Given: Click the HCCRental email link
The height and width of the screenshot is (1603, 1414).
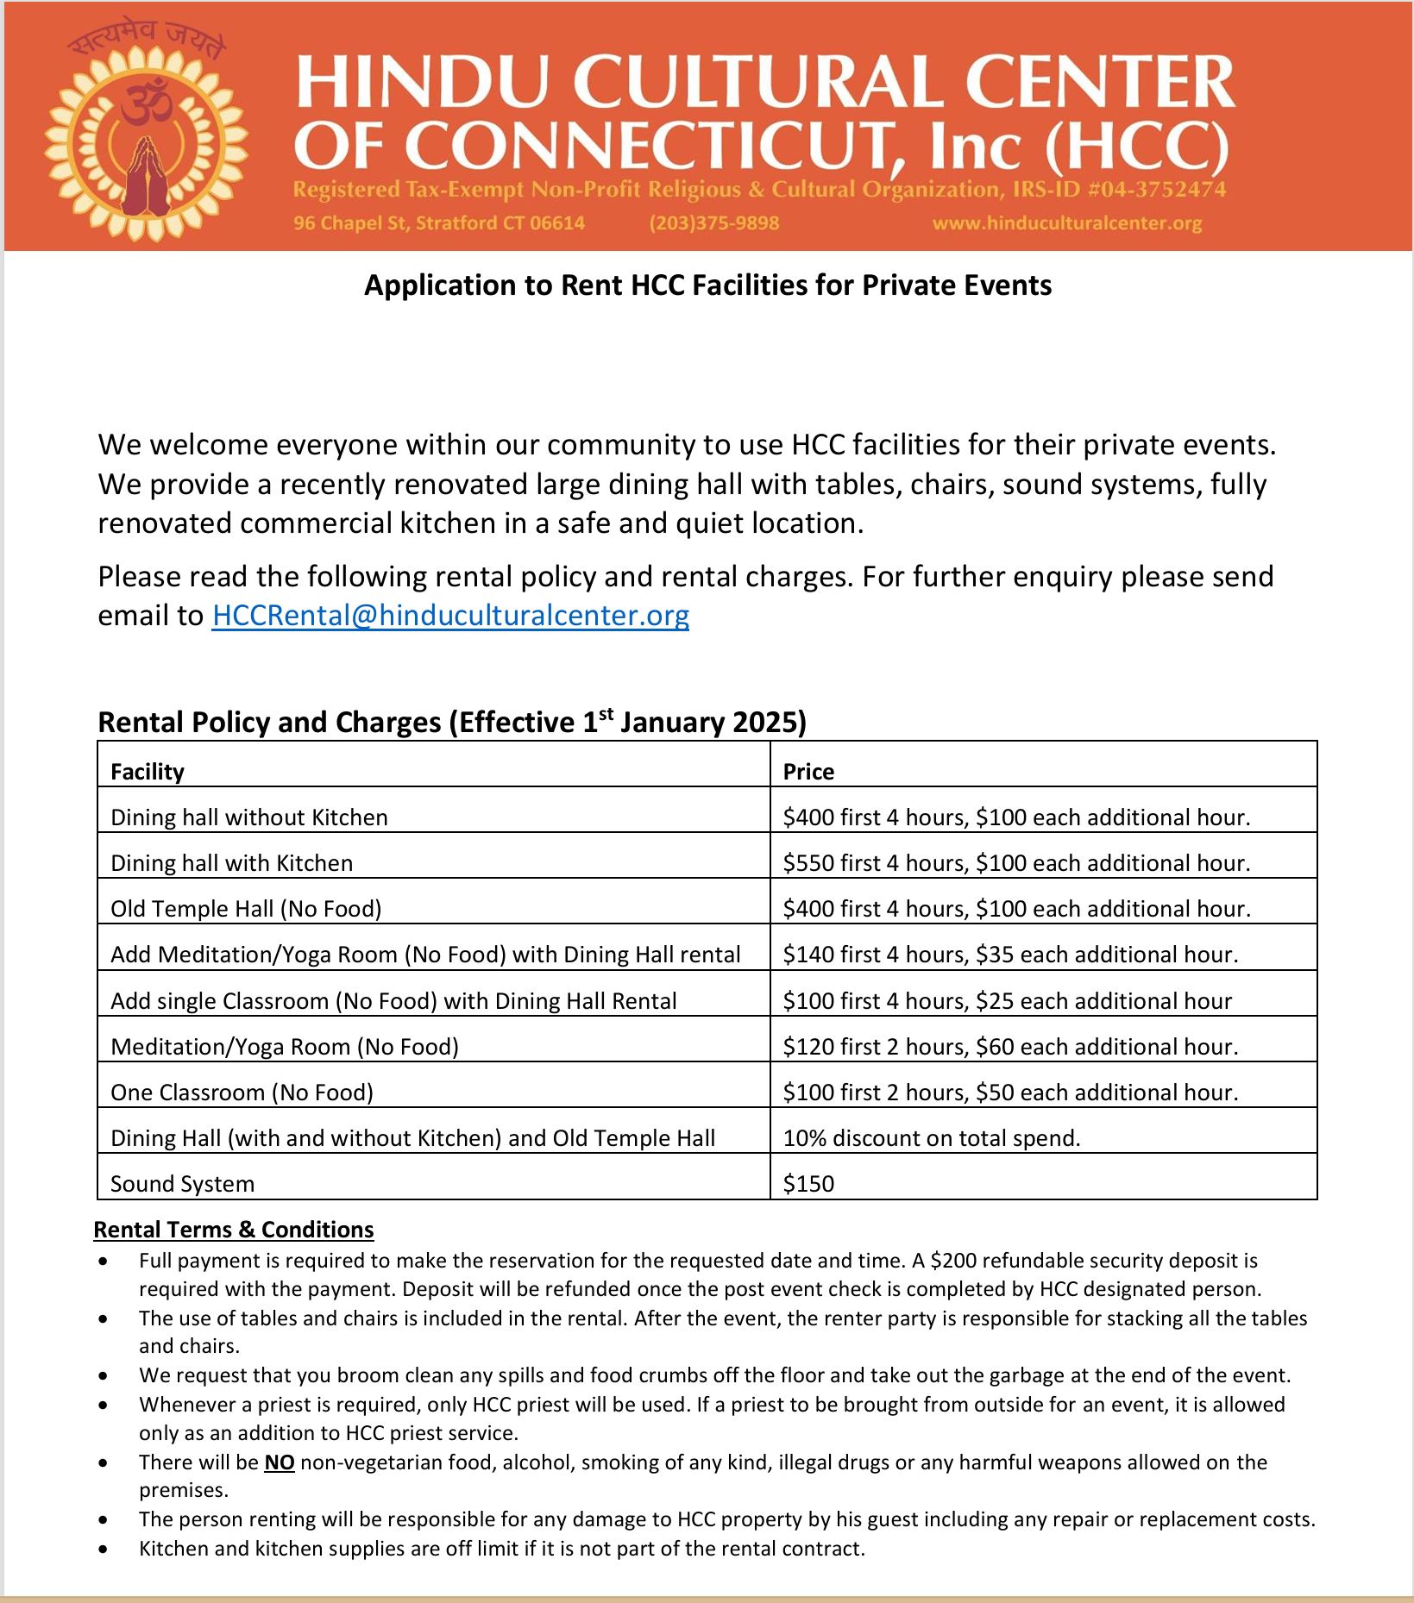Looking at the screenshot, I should click(x=449, y=616).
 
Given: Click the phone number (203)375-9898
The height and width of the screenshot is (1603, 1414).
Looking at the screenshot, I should click(x=713, y=223).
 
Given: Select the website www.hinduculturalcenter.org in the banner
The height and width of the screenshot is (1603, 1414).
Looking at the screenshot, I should click(x=1066, y=223).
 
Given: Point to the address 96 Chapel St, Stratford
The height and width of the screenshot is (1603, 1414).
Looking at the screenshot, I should click(x=438, y=223).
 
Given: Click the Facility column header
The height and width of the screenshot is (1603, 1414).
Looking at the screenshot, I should click(x=148, y=772).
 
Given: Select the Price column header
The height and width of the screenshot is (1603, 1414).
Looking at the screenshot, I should click(x=808, y=772).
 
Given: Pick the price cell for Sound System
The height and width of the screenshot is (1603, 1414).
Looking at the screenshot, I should click(x=808, y=1184).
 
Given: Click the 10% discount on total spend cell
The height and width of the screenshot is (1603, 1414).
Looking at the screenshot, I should click(x=931, y=1138).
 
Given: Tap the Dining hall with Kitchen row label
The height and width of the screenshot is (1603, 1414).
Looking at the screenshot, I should click(x=231, y=863).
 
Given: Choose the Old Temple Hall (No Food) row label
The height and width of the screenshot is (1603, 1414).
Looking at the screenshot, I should click(x=246, y=909).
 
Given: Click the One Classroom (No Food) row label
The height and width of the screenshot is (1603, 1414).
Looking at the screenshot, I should click(x=242, y=1093).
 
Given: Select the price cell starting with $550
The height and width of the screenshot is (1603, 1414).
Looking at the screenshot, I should click(x=1015, y=863).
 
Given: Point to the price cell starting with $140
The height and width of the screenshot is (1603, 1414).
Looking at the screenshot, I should click(x=1009, y=955).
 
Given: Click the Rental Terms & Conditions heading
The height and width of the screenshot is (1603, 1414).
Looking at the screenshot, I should click(x=233, y=1230).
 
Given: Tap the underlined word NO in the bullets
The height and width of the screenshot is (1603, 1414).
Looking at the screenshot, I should click(x=279, y=1462).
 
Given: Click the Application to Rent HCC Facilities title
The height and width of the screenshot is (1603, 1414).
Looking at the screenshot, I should click(x=707, y=285).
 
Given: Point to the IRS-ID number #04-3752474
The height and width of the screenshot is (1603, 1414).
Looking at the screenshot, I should click(x=1162, y=190).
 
